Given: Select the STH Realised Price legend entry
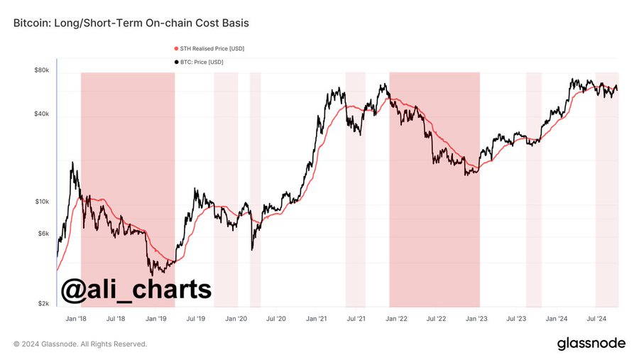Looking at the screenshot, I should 212,48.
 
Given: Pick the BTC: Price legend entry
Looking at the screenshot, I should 203,62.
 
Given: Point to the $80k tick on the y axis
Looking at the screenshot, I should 41,70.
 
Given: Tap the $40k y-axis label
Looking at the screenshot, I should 41,114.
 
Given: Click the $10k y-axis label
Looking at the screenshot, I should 41,202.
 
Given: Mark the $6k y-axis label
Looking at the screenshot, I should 43,234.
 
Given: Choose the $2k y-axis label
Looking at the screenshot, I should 43,303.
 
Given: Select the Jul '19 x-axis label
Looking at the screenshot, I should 196,320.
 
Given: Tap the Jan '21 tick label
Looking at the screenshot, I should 316,320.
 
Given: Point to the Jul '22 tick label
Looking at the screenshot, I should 437,320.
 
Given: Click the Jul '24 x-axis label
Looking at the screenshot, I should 597,320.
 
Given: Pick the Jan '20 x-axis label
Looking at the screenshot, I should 236,320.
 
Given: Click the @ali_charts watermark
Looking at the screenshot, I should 136,290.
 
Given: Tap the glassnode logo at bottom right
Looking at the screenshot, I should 591,344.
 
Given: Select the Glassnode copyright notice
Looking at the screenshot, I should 80,344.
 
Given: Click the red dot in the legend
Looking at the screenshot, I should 176,48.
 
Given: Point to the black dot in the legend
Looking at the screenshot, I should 176,62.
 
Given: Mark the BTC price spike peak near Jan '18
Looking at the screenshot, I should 72,163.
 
